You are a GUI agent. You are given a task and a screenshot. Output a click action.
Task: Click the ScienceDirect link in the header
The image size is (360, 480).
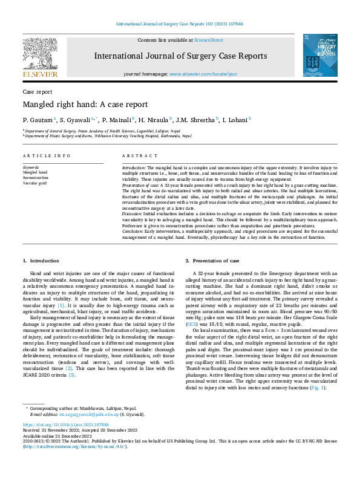click(x=208, y=40)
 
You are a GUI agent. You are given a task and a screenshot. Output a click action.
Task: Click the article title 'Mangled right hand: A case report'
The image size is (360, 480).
click(x=85, y=105)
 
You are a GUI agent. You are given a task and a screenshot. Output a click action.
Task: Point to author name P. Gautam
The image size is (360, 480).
click(x=38, y=120)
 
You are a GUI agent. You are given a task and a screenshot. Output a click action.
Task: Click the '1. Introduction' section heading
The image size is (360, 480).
click(x=41, y=261)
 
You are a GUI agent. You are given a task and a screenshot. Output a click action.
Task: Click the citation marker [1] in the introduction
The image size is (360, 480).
click(x=61, y=305)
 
